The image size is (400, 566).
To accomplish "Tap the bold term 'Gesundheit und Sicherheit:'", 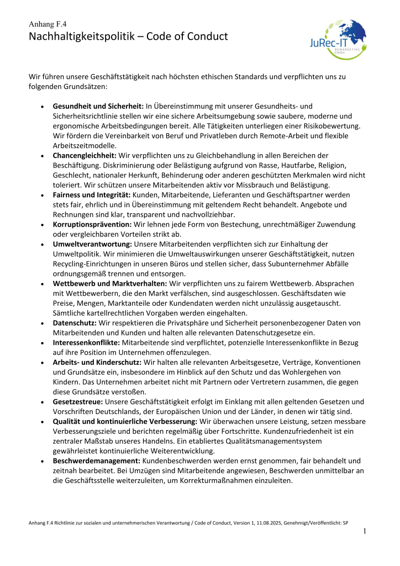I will point(91,106).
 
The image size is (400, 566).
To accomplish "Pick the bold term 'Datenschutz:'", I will point(75,323).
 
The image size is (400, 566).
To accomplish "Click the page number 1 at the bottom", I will point(365,532).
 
